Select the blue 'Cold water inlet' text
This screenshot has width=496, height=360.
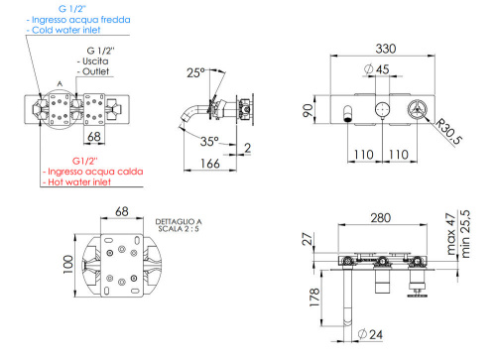[68, 31]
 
